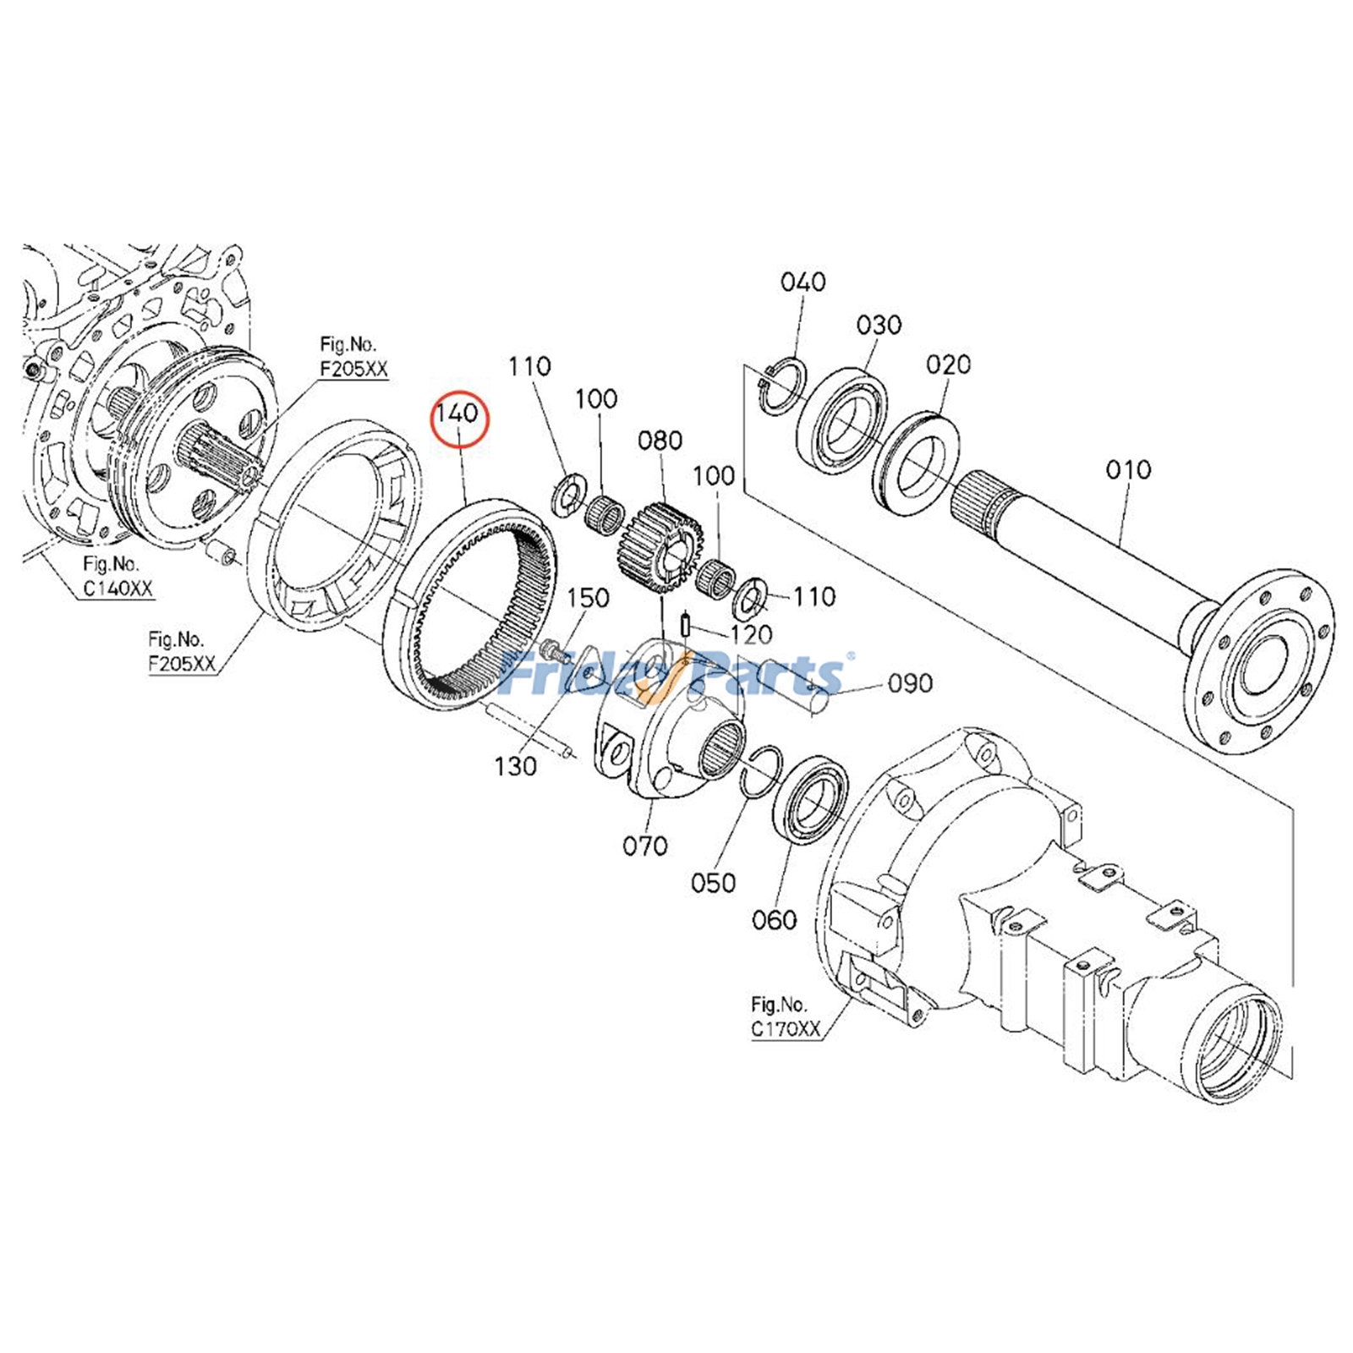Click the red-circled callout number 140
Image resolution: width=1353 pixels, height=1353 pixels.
(457, 414)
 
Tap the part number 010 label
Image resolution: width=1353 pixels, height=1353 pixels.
(1128, 469)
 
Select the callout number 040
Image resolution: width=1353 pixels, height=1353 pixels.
(802, 282)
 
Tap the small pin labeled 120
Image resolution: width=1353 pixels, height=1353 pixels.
(686, 627)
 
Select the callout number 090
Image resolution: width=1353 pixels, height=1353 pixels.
(910, 683)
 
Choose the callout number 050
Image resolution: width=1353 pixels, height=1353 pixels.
(713, 883)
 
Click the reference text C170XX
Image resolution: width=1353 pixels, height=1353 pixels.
(786, 1029)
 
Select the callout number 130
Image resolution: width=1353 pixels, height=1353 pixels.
(515, 766)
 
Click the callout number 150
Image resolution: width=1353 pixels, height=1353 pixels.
(588, 599)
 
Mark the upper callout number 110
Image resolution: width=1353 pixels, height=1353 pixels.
(529, 366)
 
